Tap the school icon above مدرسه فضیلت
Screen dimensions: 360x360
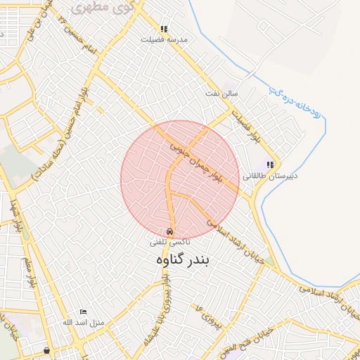coord(164,30)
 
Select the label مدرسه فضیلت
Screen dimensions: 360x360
coord(164,40)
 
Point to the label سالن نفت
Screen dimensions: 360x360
coord(221,93)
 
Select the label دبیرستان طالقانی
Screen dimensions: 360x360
coord(270,176)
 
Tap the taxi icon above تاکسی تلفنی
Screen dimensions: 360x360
coord(169,231)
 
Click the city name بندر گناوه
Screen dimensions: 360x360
coord(183,259)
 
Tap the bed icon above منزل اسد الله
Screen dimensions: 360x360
coord(84,311)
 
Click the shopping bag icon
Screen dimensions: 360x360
coord(46,349)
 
